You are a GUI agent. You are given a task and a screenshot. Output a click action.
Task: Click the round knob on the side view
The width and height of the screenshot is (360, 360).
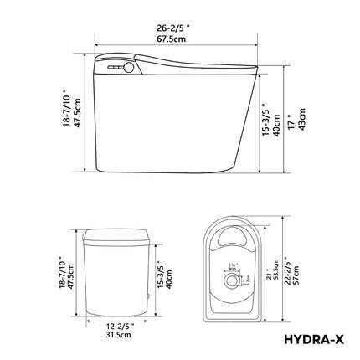(129, 64)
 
